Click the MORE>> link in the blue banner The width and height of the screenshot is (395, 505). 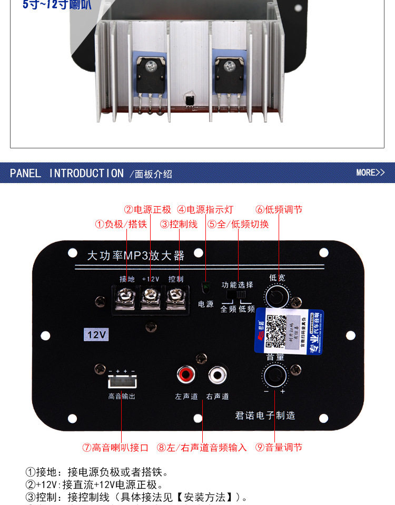tap(370, 173)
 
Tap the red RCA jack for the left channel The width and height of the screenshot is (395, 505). tap(185, 375)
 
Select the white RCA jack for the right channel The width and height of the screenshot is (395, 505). tap(216, 375)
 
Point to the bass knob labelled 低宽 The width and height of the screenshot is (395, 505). tap(277, 297)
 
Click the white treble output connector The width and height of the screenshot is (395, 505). tap(121, 382)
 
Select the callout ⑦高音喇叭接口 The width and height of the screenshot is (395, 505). tap(115, 448)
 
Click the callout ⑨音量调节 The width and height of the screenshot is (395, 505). tap(279, 448)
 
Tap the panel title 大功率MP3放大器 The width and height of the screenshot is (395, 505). tap(136, 256)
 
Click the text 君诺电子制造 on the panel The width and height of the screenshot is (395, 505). tap(265, 416)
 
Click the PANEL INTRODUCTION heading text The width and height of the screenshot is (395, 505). tap(67, 173)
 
